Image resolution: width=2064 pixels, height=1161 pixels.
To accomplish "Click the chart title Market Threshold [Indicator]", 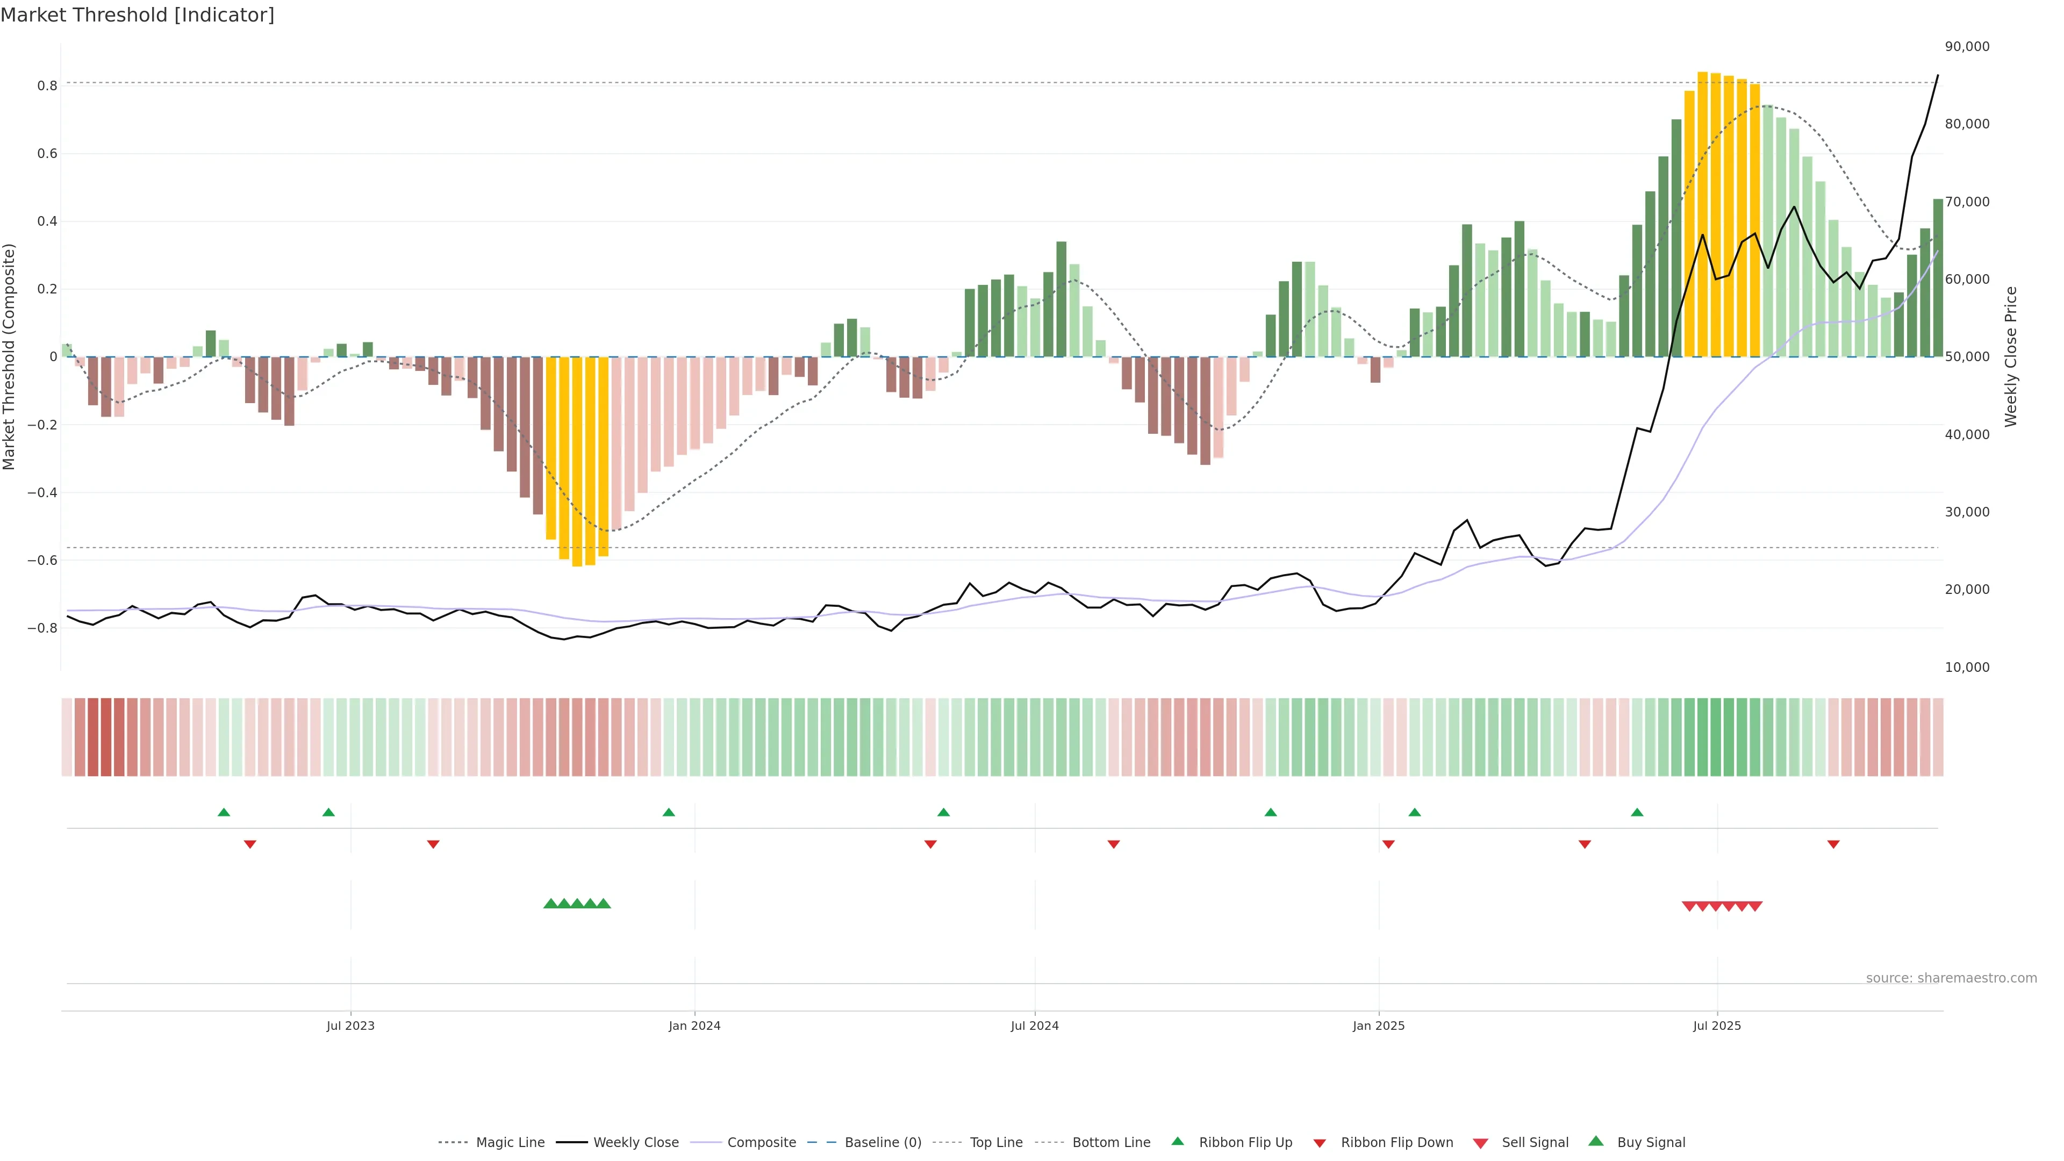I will [137, 15].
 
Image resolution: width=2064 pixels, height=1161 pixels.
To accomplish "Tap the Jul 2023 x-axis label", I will [350, 1026].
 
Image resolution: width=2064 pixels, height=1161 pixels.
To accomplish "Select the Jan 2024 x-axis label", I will [694, 1026].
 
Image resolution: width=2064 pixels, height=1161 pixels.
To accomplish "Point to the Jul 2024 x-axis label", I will [1034, 1026].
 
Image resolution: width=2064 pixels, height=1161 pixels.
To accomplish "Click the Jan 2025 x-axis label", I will [1378, 1026].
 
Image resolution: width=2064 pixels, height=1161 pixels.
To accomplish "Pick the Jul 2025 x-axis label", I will [1716, 1026].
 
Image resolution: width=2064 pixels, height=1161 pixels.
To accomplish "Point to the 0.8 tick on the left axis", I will [47, 86].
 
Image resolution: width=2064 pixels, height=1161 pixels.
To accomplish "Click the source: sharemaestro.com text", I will [1951, 978].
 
